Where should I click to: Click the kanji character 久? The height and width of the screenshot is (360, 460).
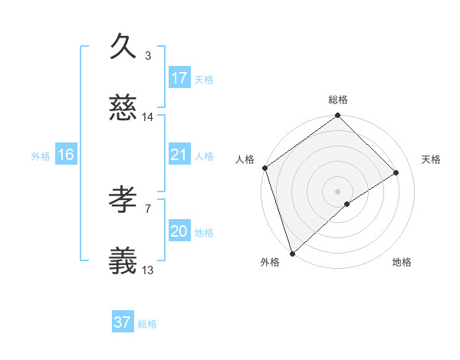123,47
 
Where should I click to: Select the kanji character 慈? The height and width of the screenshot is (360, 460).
123,110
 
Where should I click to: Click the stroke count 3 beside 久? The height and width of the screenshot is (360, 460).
148,55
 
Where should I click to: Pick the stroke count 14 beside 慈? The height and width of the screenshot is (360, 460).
148,117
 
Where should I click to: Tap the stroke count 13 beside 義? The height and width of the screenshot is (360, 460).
148,270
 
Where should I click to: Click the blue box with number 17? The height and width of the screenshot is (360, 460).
179,78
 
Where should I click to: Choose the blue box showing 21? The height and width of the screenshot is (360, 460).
179,155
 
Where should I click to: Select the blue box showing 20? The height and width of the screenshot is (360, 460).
179,231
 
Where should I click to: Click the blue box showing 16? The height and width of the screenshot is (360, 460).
66,155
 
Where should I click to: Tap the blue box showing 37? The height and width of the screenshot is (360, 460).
123,322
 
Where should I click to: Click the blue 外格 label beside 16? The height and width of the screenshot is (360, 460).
41,155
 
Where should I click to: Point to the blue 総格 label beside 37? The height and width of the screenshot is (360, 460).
147,324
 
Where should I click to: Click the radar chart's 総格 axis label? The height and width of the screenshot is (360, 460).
337,100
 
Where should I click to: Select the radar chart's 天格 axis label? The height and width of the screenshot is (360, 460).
432,159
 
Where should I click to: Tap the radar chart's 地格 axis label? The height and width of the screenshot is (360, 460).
402,263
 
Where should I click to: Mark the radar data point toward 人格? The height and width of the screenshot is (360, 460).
264,168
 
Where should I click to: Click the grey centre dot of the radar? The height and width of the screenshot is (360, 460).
337,191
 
